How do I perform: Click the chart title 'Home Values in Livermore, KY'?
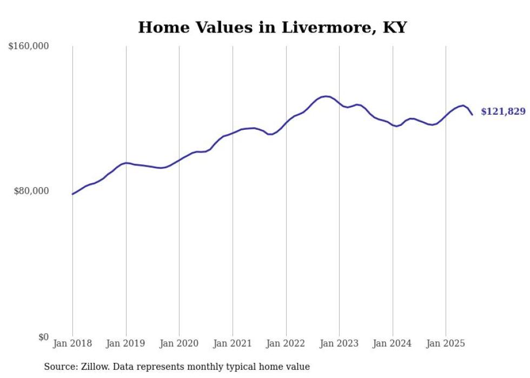[272, 28]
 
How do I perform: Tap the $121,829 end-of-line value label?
[502, 111]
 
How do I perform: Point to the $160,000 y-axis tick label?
[29, 47]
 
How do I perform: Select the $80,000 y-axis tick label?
[31, 191]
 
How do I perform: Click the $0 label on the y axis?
[43, 337]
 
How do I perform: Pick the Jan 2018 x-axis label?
[72, 343]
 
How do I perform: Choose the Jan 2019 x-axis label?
[126, 343]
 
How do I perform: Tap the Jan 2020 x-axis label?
[179, 343]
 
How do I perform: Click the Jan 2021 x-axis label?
[233, 343]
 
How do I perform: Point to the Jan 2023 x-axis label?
[339, 343]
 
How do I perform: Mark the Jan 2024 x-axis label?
[393, 343]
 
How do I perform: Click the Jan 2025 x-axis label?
[446, 343]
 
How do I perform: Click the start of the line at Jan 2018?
[72, 194]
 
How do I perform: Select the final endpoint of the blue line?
[472, 115]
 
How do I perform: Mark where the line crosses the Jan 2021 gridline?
[233, 132]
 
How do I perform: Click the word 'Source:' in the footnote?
[61, 367]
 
